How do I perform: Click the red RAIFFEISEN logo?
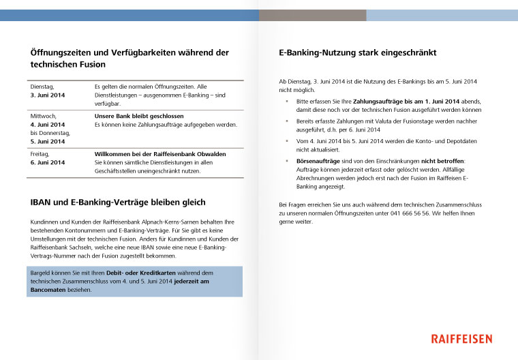pos(469,338)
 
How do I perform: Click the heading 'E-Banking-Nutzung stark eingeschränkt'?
pos(357,52)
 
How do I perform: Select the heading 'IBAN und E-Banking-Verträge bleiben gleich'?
pos(118,202)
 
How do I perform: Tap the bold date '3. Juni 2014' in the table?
pos(48,95)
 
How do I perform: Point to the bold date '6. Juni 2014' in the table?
pos(48,162)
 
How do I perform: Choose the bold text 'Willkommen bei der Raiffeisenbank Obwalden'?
pos(159,154)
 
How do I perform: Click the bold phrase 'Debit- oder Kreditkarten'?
pos(138,273)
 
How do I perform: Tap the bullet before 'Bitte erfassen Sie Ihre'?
pos(287,101)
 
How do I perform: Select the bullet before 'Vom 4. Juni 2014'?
pos(287,140)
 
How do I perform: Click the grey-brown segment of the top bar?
pos(312,15)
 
